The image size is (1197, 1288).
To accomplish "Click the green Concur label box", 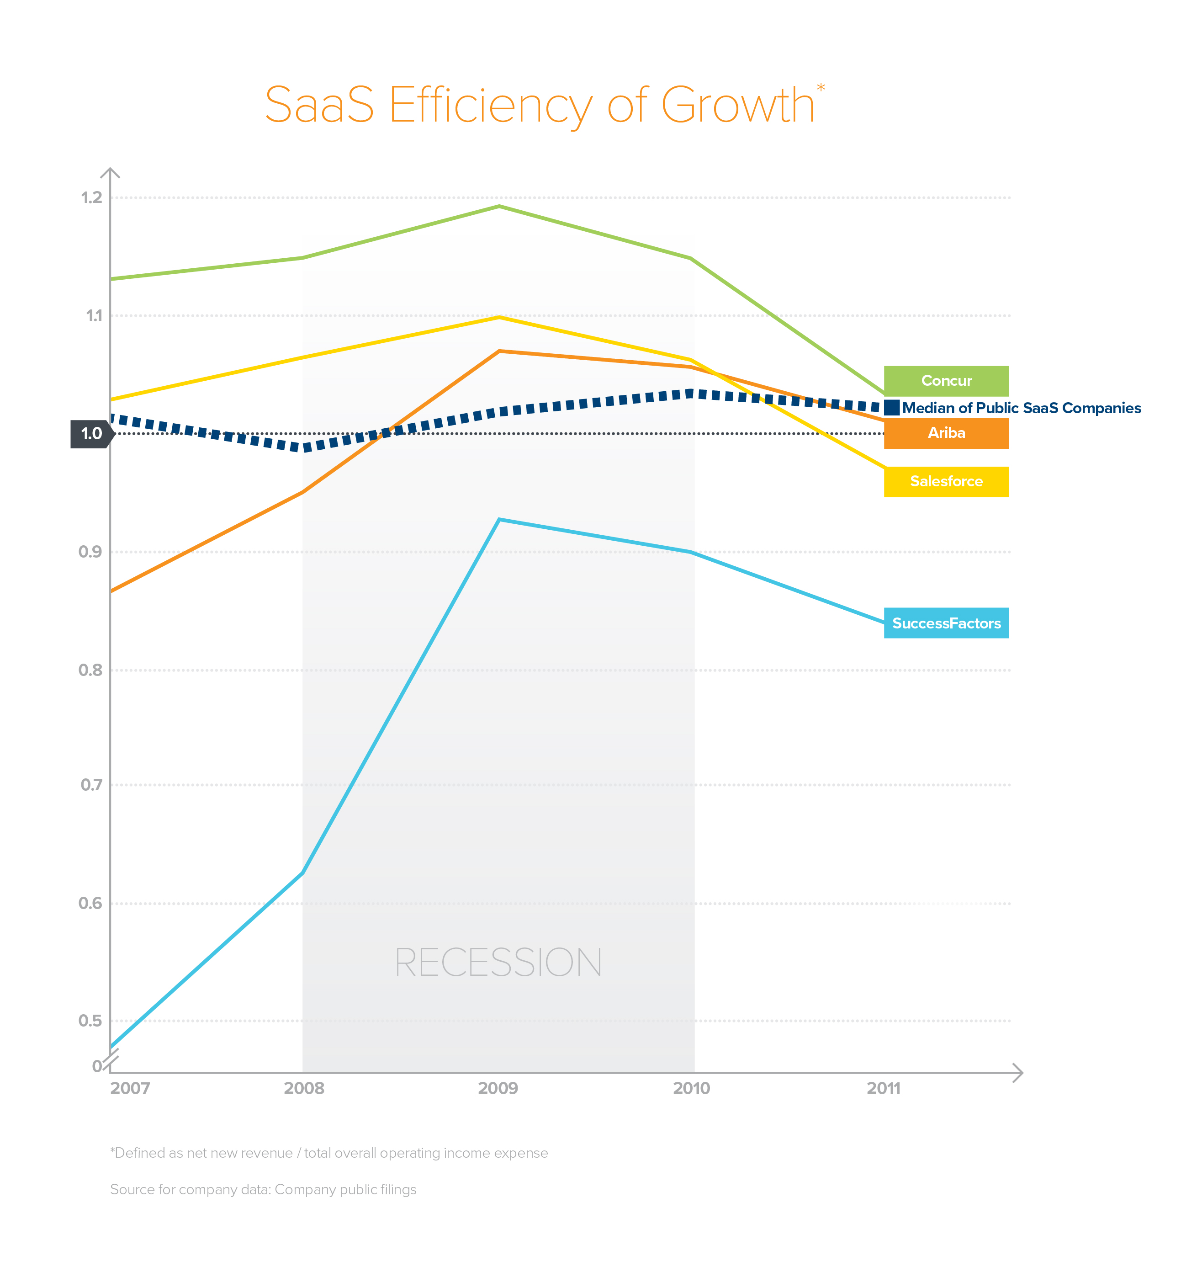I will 946,381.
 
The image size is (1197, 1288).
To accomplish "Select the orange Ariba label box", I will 946,433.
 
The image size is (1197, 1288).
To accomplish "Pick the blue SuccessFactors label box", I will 946,623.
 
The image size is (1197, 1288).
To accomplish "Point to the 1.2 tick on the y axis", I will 91,197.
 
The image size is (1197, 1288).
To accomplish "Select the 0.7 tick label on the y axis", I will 91,785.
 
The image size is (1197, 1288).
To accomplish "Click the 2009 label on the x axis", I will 498,1088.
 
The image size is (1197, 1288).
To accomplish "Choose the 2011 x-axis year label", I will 884,1088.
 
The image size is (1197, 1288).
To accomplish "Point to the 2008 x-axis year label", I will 304,1088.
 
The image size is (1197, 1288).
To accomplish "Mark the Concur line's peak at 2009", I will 499,207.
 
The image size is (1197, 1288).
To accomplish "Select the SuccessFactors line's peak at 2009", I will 499,520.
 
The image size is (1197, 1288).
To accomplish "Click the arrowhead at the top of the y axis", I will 111,172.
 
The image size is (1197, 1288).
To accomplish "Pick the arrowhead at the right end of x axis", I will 1018,1073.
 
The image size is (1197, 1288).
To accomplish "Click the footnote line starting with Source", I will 263,1190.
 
